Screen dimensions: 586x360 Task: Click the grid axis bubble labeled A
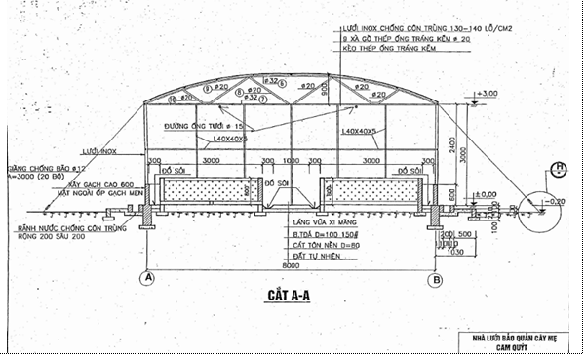click(148, 277)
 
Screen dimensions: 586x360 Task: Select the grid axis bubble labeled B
click(436, 277)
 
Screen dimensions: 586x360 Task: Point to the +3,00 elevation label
click(487, 93)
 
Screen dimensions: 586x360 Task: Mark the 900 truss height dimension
click(323, 93)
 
